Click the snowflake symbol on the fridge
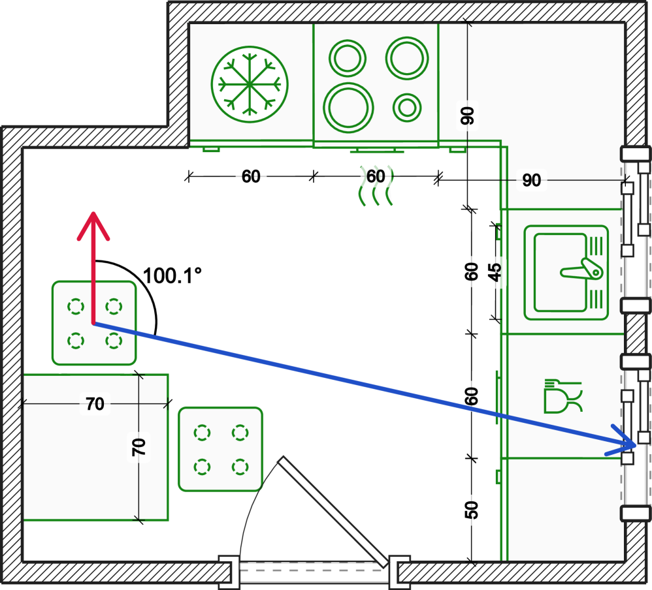tap(250, 84)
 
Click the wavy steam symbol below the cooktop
tap(376, 187)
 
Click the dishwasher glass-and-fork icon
tap(562, 397)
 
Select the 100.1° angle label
tap(172, 275)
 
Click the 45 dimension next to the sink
tap(496, 272)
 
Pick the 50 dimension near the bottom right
tap(472, 510)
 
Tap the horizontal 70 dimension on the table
tap(95, 404)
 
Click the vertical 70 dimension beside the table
tap(139, 446)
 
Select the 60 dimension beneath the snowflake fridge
tap(251, 176)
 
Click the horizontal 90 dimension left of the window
tap(532, 179)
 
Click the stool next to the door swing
tap(221, 449)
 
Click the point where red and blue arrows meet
tap(94, 322)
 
